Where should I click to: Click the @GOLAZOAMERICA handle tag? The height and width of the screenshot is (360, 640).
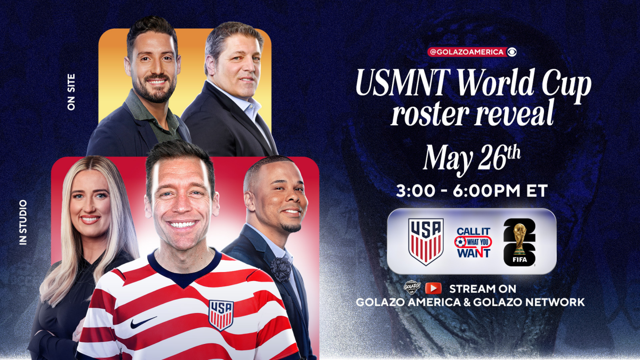pos(467,52)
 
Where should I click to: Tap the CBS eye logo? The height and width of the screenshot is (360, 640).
pos(513,52)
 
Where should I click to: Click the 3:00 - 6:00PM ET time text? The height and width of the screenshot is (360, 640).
pos(471,191)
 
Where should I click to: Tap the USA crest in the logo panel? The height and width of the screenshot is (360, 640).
pos(426,242)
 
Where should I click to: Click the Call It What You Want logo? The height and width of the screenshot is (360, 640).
pos(473,243)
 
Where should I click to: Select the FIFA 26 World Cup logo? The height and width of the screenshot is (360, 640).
pos(519,242)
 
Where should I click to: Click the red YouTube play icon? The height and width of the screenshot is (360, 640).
pos(433,289)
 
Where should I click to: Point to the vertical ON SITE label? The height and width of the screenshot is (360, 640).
pos(71,92)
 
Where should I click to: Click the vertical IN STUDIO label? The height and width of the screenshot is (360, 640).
pos(23,222)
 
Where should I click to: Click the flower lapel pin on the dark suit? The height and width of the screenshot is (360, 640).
pos(281,269)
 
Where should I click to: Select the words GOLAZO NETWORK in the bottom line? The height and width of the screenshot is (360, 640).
pos(529,302)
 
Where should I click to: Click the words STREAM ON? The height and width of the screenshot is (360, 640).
pos(483,289)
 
